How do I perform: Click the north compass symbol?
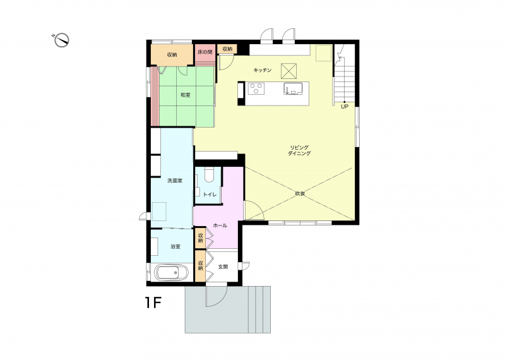[x=61, y=40]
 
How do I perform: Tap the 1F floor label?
[x=153, y=303]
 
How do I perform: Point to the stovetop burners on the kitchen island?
[x=256, y=88]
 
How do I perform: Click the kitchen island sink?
[x=293, y=88]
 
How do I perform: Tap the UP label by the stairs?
[x=345, y=107]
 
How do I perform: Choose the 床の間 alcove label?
[x=205, y=52]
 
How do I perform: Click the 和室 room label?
[x=185, y=95]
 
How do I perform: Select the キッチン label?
[x=263, y=70]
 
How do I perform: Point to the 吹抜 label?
[x=300, y=194]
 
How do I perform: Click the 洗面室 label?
[x=175, y=181]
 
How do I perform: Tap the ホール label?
[x=220, y=225]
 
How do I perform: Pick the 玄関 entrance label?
[x=223, y=267]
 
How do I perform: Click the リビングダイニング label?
[x=299, y=150]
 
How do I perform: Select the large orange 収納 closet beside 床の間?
[x=172, y=55]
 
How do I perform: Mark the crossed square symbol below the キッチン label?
[x=289, y=71]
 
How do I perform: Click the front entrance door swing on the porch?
[x=217, y=296]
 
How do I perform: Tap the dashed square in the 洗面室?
[x=159, y=212]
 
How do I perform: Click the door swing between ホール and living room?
[x=254, y=210]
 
